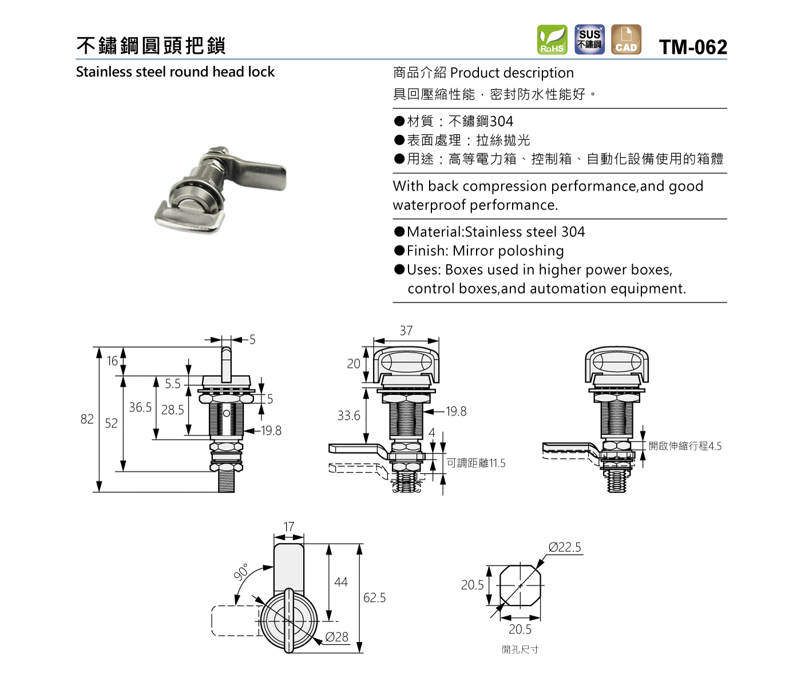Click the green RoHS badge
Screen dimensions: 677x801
click(x=552, y=39)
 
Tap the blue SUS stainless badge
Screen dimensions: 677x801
click(x=589, y=39)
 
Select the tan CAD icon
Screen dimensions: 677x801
click(x=626, y=39)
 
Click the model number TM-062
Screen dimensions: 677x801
click(x=693, y=47)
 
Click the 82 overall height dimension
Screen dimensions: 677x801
click(x=87, y=419)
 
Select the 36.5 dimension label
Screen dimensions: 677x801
click(x=140, y=407)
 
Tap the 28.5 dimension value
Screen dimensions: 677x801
click(x=172, y=410)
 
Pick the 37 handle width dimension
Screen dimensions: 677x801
click(x=406, y=330)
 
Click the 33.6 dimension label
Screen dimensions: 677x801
click(x=349, y=416)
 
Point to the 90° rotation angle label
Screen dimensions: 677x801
click(x=241, y=572)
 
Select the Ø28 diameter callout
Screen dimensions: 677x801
click(x=337, y=637)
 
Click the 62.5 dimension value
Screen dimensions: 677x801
click(x=374, y=598)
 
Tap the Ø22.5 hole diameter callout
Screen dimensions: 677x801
click(x=565, y=547)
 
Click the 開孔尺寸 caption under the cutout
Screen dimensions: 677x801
click(x=520, y=650)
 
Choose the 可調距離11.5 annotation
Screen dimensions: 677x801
click(x=476, y=463)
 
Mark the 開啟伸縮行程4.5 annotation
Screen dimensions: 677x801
click(x=685, y=446)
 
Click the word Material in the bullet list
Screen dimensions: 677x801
click(x=435, y=232)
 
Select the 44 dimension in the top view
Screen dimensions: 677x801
click(x=341, y=582)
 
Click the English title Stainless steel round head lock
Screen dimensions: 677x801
click(x=175, y=72)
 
